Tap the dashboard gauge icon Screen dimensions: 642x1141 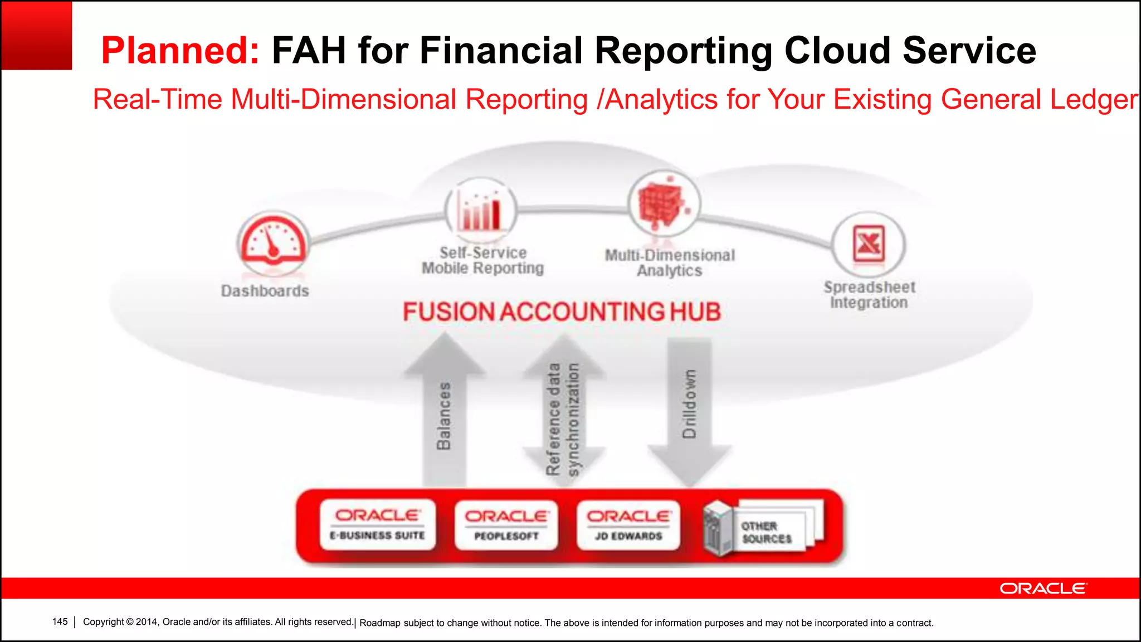tap(272, 242)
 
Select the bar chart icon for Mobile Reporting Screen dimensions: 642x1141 tap(480, 210)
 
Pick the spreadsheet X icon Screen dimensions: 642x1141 tap(868, 244)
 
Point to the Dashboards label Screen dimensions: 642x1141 tap(265, 291)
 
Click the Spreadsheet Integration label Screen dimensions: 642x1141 tap(869, 295)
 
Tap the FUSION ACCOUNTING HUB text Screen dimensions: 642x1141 tap(562, 312)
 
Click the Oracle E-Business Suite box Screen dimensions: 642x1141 tap(377, 524)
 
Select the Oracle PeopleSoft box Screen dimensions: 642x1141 tap(506, 525)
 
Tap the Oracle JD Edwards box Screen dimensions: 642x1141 tap(628, 525)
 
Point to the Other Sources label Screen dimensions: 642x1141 tap(766, 532)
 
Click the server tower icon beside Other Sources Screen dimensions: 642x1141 tap(717, 528)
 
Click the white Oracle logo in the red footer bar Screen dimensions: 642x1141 tap(1042, 588)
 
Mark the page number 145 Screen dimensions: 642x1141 tap(60, 621)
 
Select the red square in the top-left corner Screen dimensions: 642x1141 tap(36, 35)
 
